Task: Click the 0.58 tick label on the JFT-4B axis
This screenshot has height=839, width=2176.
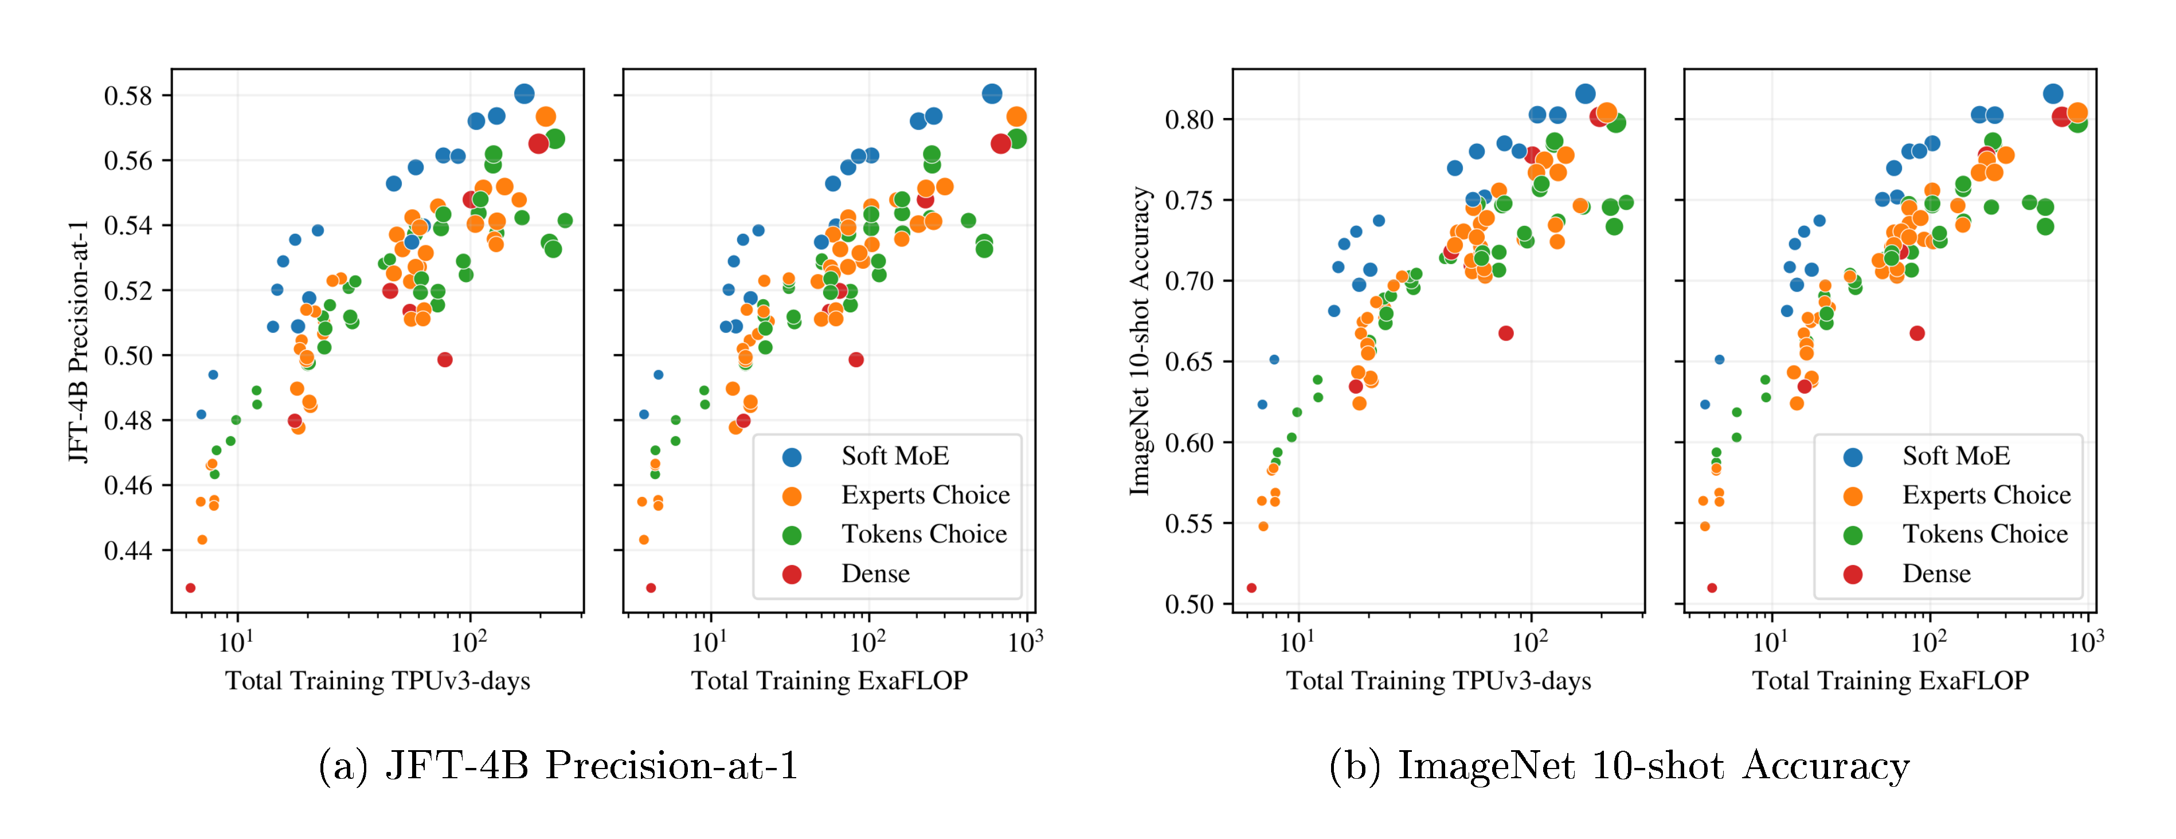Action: [128, 96]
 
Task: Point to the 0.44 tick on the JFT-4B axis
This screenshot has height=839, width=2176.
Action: [128, 551]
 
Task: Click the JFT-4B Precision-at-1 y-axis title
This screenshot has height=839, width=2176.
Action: [78, 342]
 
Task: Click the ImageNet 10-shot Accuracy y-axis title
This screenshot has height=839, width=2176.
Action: [1140, 342]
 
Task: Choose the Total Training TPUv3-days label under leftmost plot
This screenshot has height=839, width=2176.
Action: [378, 681]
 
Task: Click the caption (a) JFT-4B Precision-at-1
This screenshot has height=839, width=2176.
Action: [558, 766]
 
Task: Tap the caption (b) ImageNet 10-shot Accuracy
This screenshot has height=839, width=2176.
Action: [1618, 766]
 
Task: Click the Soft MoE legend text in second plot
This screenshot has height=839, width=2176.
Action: [895, 456]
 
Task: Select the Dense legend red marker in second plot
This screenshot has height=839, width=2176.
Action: [792, 575]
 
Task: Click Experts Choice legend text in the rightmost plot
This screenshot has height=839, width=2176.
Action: [1986, 495]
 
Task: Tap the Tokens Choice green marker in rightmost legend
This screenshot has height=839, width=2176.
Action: [1853, 535]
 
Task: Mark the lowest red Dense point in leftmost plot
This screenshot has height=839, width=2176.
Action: [190, 588]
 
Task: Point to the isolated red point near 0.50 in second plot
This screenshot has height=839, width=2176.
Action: [856, 360]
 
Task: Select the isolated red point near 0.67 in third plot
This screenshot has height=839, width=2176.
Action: [1505, 334]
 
